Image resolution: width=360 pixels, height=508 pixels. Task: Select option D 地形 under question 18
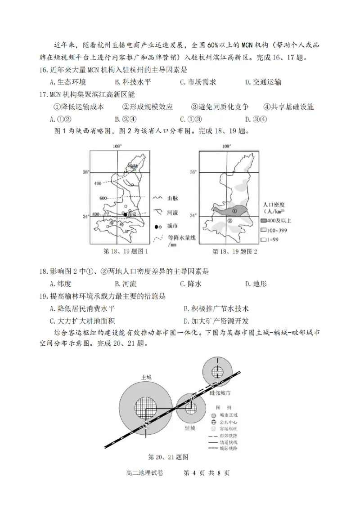click(256, 284)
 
